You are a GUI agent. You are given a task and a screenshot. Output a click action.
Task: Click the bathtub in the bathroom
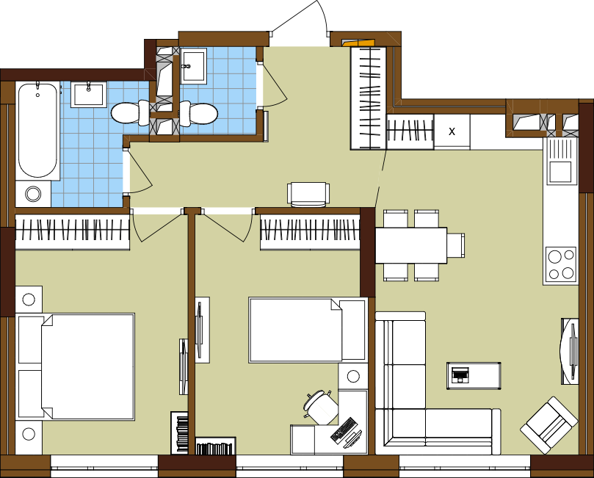[37, 131]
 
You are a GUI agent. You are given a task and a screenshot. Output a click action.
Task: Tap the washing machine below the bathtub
[33, 194]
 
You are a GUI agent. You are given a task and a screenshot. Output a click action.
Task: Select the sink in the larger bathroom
[89, 95]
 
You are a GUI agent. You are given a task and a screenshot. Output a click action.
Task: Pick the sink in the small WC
[193, 65]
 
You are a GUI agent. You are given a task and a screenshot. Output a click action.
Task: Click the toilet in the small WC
[198, 113]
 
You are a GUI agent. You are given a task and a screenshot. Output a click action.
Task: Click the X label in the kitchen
[452, 131]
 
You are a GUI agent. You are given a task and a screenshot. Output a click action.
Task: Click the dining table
[411, 245]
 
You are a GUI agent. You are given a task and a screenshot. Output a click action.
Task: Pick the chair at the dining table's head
[456, 245]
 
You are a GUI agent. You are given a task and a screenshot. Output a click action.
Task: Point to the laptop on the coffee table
[460, 375]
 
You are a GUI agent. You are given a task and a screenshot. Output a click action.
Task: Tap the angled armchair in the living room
[549, 425]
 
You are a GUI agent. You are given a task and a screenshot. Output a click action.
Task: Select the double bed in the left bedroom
[76, 366]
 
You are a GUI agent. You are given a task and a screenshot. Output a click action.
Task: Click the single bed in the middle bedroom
[308, 330]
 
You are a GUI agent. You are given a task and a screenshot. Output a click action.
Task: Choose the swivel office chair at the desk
[321, 407]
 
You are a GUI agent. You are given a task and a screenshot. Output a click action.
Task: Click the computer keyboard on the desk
[342, 430]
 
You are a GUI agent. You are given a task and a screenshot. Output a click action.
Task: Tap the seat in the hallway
[308, 195]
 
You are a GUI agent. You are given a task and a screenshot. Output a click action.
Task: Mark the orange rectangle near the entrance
[358, 43]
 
